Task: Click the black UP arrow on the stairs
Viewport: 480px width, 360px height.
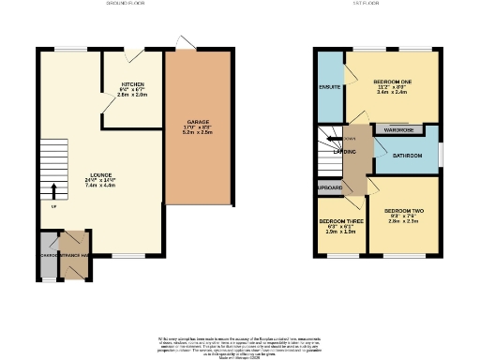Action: pos(52,191)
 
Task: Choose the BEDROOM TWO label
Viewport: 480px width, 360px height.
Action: pos(404,211)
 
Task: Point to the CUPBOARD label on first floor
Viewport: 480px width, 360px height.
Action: pos(329,187)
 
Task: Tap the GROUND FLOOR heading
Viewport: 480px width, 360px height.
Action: pos(126,5)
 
